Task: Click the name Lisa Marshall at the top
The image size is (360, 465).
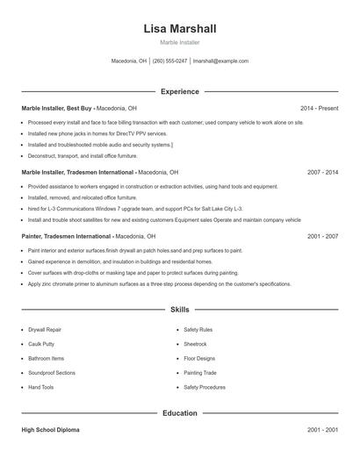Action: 179,29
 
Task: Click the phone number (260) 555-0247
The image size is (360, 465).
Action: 169,61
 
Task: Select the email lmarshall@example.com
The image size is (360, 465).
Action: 220,61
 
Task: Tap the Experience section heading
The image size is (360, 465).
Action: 179,91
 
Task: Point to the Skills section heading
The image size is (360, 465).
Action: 179,310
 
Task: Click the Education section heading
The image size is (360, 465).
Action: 179,412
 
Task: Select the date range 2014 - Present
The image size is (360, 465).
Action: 319,108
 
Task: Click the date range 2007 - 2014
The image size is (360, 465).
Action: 322,173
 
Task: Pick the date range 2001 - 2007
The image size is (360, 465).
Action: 322,237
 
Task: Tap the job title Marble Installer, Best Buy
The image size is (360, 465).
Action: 57,108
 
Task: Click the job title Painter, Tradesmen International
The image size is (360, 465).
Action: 66,237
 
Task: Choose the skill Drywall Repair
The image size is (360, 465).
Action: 46,330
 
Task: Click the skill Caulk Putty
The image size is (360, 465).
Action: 41,344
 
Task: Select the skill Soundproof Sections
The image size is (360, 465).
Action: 52,373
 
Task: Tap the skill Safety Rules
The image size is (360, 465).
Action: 198,330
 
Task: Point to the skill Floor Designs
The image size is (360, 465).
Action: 199,358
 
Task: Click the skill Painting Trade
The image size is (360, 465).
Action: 200,373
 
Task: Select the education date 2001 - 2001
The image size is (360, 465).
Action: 322,431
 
